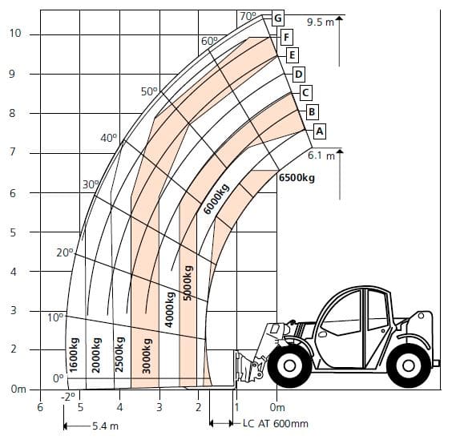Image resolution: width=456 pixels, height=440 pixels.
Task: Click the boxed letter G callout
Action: [278, 18]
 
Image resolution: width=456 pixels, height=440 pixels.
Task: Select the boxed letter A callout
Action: [319, 131]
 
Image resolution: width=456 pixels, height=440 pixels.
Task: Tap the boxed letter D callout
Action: [298, 75]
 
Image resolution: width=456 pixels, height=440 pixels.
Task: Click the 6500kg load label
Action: [297, 177]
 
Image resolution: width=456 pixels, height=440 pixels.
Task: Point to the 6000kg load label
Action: [216, 199]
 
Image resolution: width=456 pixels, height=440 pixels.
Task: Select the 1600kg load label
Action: [74, 355]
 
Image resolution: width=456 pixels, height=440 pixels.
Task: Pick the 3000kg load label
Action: [147, 356]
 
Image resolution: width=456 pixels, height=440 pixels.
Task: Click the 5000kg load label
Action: [188, 283]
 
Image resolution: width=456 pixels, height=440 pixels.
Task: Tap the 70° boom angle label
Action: [248, 16]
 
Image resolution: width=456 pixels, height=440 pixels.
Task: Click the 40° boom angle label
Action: [109, 138]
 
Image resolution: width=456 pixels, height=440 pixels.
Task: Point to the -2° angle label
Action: [68, 397]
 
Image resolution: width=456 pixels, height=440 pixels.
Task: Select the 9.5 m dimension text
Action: [321, 22]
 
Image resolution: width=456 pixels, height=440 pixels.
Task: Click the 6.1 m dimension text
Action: [321, 155]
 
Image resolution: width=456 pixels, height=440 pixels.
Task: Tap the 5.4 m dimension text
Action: [105, 426]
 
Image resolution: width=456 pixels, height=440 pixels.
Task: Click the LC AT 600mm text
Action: [276, 423]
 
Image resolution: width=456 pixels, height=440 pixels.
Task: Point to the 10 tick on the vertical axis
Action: [15, 33]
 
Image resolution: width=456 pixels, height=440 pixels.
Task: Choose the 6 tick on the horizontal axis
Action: [40, 407]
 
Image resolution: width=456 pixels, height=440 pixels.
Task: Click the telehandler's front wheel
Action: [289, 365]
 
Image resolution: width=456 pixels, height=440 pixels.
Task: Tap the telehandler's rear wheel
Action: [408, 365]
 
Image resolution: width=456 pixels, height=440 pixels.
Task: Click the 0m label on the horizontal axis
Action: [277, 407]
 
